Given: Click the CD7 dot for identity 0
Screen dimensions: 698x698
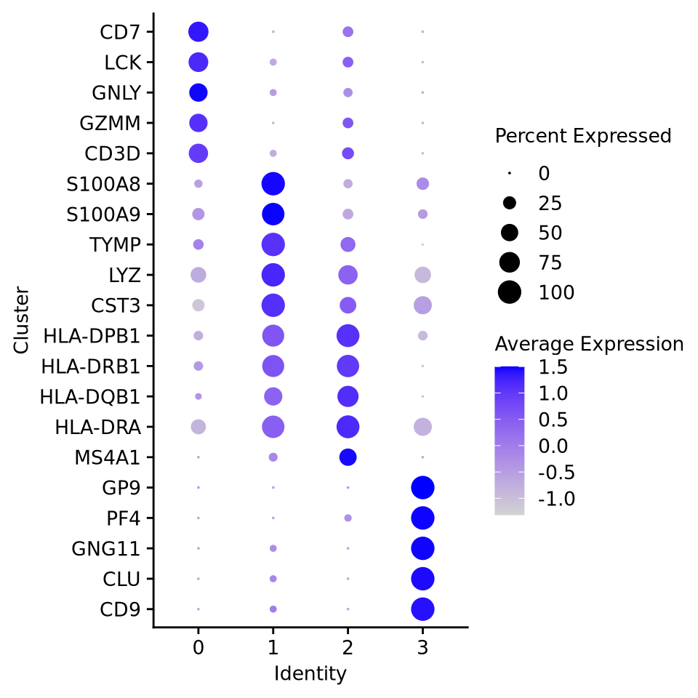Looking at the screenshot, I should click(198, 32).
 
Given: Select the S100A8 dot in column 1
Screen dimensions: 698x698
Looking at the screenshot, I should click(273, 184).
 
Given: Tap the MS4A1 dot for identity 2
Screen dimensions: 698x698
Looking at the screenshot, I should click(348, 457).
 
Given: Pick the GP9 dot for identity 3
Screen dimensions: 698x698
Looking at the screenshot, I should click(422, 487).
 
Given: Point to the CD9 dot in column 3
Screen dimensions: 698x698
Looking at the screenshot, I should click(422, 609).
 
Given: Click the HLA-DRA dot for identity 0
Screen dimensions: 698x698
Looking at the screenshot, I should click(198, 427).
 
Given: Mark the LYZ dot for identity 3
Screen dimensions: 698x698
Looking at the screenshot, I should click(422, 275).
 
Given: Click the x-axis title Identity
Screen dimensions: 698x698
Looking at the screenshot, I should click(310, 674).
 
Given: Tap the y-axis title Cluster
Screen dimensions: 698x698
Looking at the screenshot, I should click(21, 320).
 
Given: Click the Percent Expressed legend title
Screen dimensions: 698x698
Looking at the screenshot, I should click(583, 136).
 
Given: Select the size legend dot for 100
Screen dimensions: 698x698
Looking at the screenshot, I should click(510, 292).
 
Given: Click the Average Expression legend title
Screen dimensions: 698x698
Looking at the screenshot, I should click(589, 344).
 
